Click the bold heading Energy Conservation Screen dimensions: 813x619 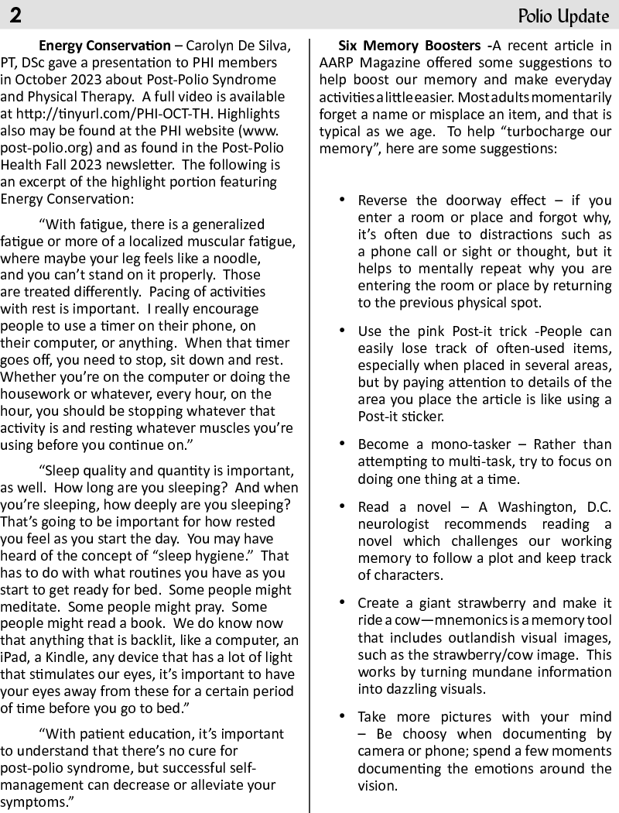click(105, 45)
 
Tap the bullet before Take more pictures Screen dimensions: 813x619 click(342, 716)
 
